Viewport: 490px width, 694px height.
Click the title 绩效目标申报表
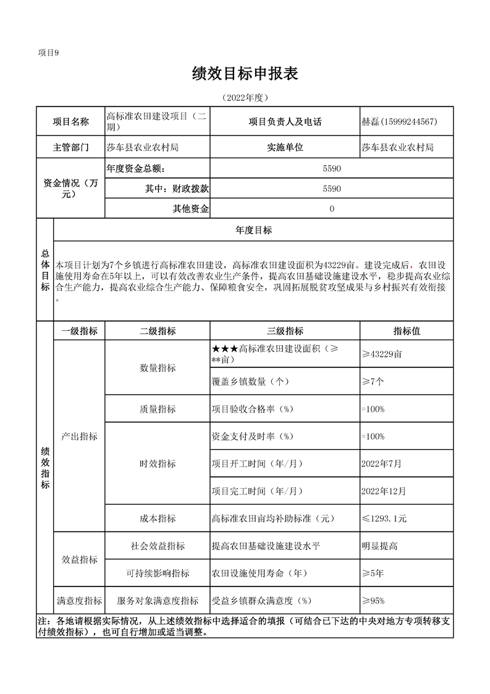coord(245,74)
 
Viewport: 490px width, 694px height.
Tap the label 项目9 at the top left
coord(48,53)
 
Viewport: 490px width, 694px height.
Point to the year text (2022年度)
coord(245,98)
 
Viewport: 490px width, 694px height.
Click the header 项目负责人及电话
coord(285,122)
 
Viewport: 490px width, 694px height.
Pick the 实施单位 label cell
coord(285,147)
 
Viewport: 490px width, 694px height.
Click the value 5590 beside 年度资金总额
coord(332,168)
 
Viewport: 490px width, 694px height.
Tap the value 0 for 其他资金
coord(332,209)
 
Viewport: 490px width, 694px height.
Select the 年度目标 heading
coord(253,230)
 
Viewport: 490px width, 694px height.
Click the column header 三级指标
coord(285,331)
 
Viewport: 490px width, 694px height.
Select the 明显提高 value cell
coord(380,546)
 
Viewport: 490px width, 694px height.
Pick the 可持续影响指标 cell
coord(158,573)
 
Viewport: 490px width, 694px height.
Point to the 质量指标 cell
coord(158,409)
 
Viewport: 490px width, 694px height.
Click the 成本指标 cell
coord(158,518)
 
